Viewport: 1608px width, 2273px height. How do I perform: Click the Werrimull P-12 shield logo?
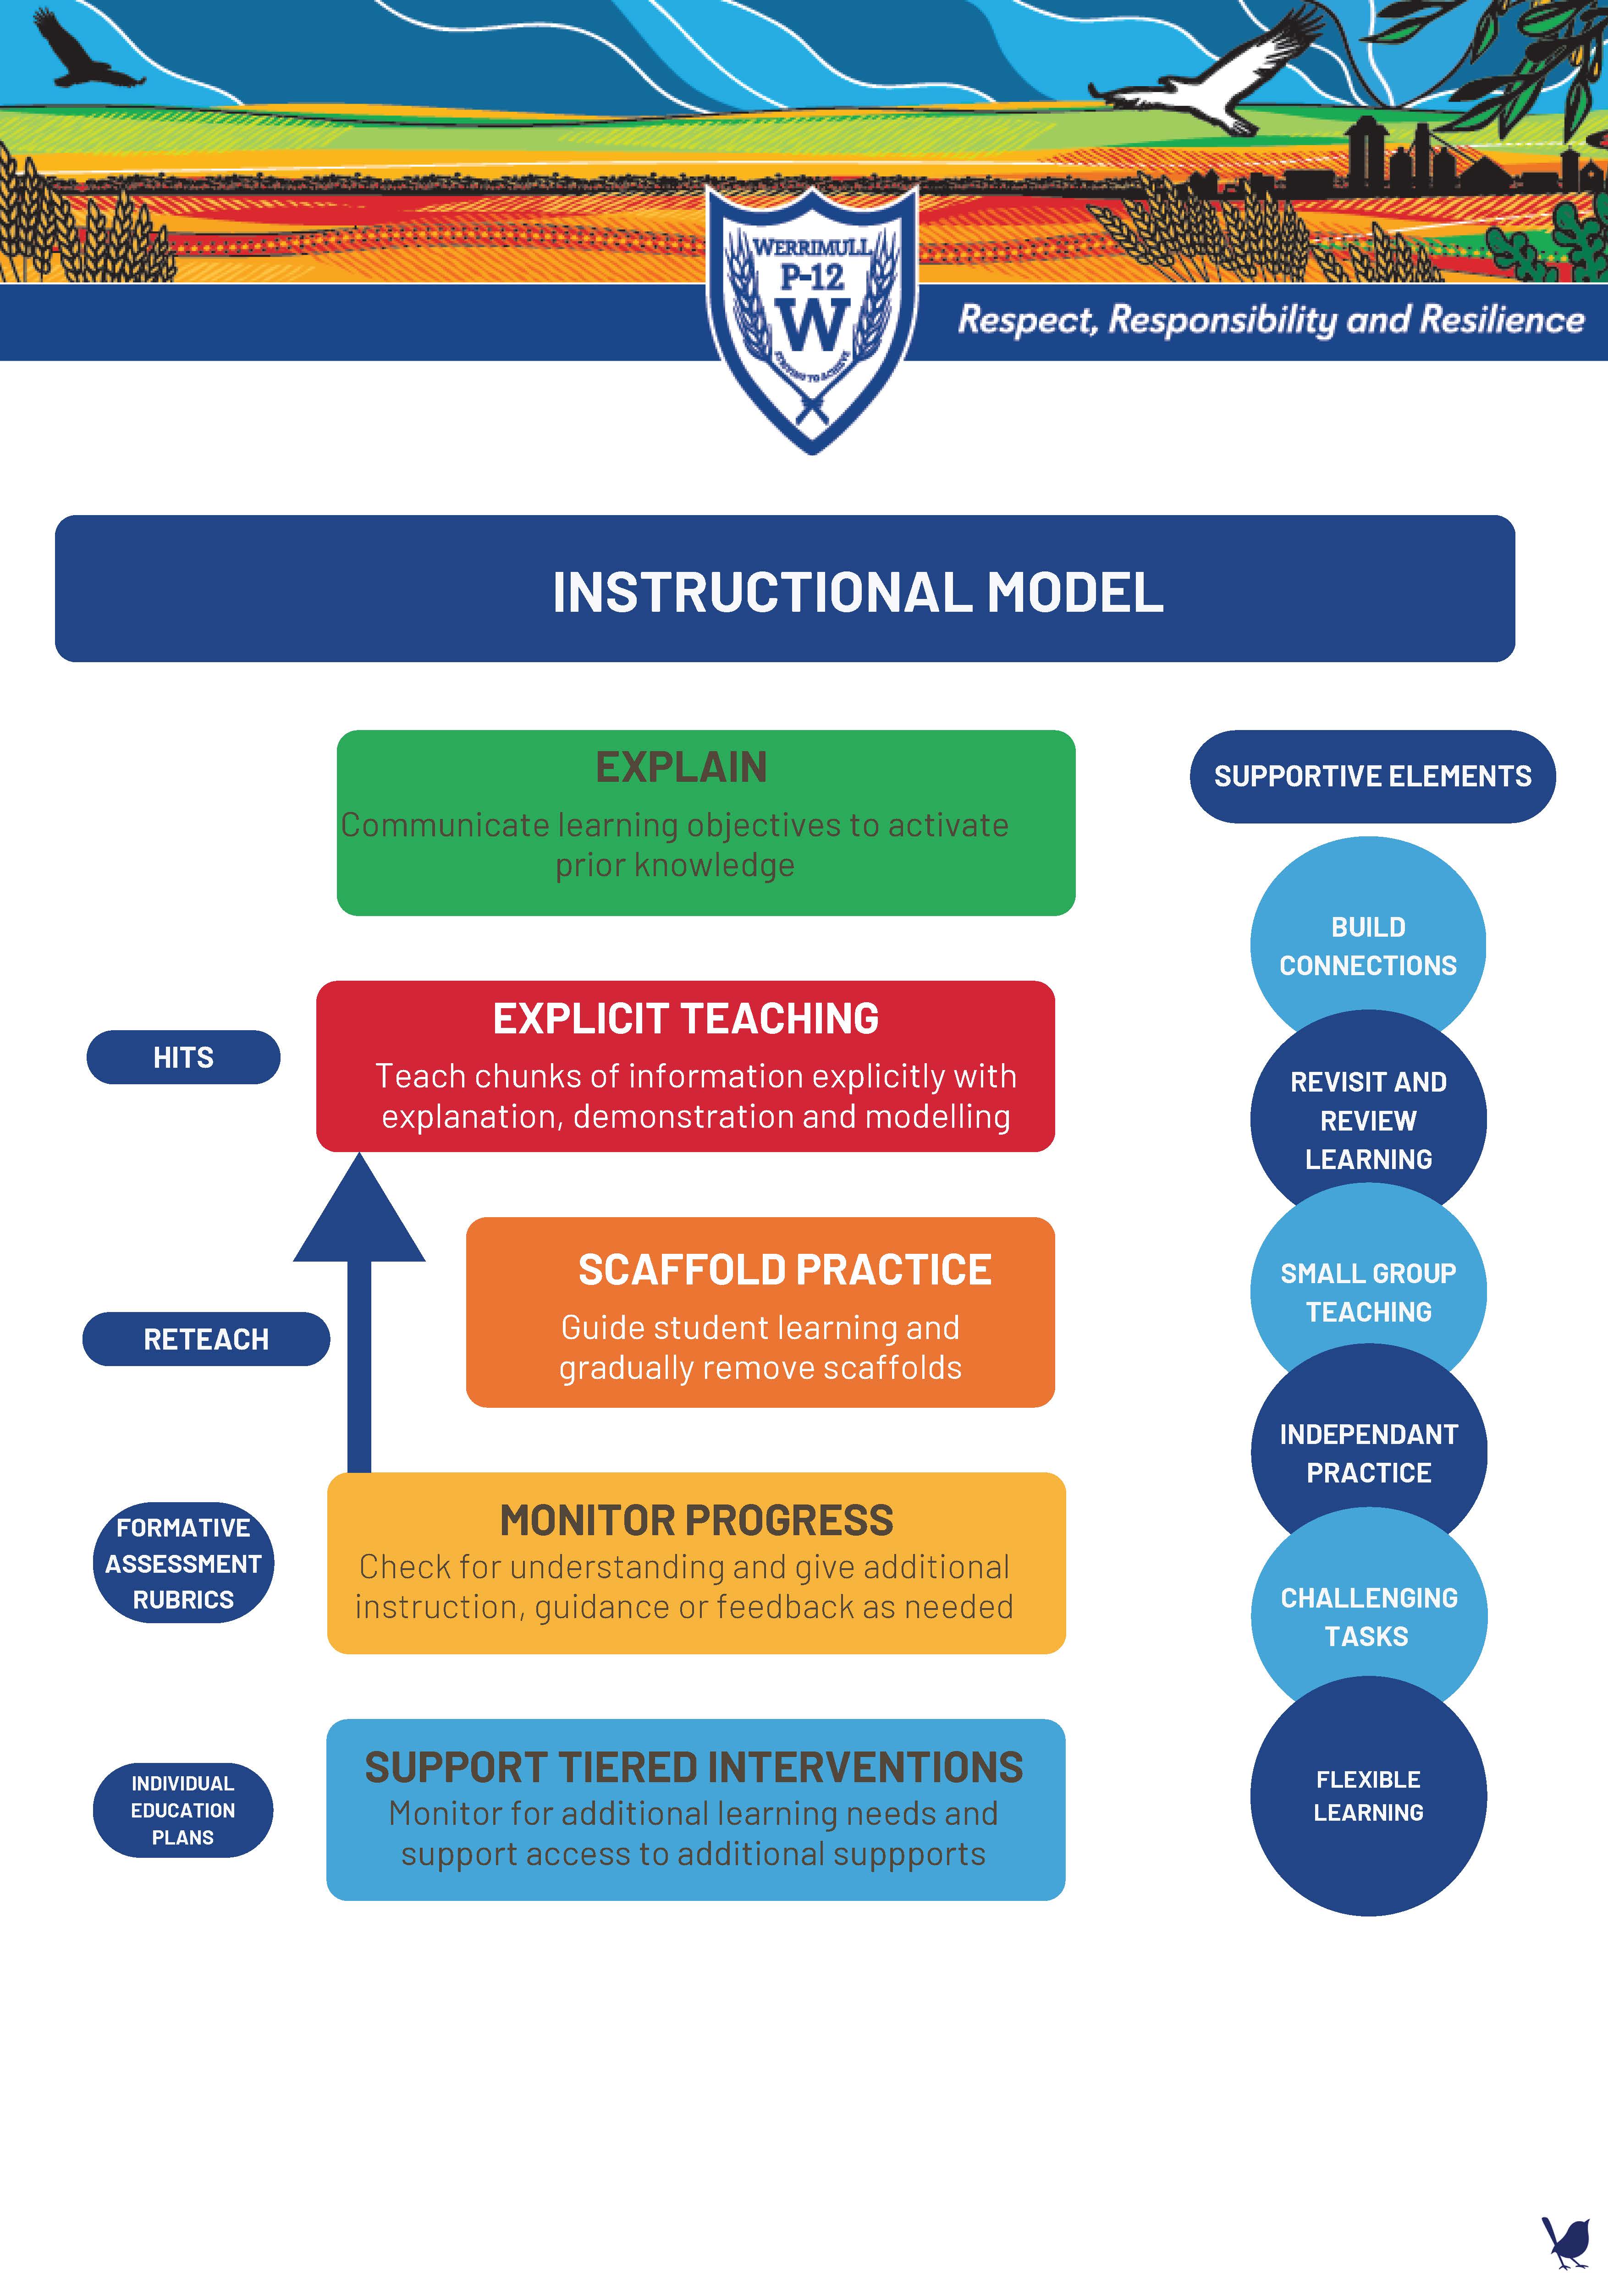812,317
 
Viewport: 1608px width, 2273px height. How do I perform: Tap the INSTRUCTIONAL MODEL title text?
858,592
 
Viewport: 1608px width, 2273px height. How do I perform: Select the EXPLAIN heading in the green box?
681,767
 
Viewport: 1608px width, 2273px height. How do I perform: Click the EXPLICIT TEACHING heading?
685,1019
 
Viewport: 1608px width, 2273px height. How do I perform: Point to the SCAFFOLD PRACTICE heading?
784,1270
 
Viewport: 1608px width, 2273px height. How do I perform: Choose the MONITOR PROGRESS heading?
696,1521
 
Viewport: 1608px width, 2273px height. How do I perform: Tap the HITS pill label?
183,1057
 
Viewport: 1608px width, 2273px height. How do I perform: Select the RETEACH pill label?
206,1340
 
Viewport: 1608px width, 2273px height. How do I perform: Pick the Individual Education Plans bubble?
183,1810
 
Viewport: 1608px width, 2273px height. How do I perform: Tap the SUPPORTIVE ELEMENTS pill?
1372,776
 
